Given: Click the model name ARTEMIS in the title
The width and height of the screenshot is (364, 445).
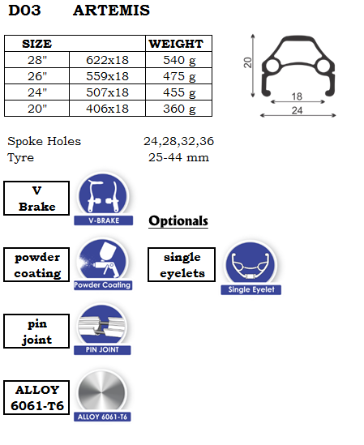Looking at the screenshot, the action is point(111,11).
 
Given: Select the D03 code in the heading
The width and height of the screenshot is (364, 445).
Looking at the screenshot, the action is point(24,11).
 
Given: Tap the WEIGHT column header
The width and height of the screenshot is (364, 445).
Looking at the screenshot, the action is point(176,44).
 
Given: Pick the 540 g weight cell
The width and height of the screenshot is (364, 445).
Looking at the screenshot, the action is point(179,60).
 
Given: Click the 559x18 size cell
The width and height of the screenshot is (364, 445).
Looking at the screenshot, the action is point(107,76).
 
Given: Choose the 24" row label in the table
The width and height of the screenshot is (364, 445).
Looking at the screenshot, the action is point(37,92).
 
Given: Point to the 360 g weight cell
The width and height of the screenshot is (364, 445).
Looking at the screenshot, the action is point(179,109).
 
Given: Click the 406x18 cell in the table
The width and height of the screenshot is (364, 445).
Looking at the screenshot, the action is point(107,109).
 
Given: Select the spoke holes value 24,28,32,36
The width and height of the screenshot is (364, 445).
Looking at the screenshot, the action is point(178,141).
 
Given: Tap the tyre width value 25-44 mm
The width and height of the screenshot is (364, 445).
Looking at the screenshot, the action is point(178,157).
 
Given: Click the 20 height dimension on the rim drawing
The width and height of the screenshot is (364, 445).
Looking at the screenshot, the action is point(247,62).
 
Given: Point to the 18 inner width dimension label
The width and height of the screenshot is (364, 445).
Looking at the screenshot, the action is point(297,96).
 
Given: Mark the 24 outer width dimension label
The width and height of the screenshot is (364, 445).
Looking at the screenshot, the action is point(297,110).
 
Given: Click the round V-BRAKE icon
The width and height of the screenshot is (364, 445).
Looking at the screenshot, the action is point(103,195).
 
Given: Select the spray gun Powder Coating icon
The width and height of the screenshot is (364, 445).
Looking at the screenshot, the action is point(103,260).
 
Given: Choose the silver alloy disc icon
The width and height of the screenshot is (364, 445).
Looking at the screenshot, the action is point(101,392).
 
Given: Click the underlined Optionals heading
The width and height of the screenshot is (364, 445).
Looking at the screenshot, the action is point(178,221).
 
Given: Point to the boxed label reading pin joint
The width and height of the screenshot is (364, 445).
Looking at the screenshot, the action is point(36,332).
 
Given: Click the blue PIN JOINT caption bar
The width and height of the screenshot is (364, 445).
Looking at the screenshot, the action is point(102,350).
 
